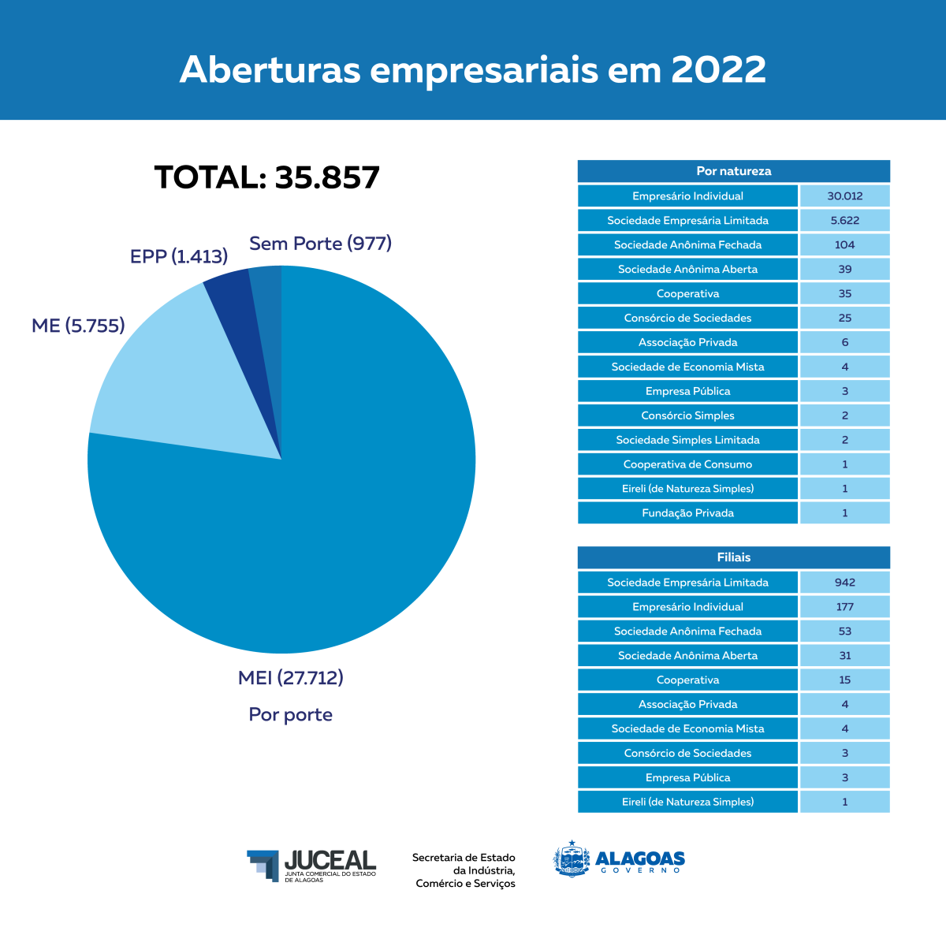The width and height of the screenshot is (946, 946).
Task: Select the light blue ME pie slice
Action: point(173,371)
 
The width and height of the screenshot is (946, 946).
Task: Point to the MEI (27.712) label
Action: point(291,678)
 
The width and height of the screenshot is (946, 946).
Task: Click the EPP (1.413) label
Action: point(179,256)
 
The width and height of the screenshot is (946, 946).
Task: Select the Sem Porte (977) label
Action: point(320,244)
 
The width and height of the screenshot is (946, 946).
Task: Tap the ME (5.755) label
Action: point(78,326)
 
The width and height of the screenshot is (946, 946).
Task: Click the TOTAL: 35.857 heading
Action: point(267,177)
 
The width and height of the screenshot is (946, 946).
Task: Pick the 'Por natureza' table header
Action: point(733,171)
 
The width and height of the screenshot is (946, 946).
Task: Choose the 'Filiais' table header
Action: point(733,557)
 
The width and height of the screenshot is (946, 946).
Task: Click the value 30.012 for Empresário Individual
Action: point(844,196)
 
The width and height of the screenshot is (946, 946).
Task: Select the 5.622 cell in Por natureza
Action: point(844,221)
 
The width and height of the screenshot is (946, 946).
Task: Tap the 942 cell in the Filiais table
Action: point(844,583)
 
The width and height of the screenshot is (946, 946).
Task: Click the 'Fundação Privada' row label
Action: point(687,513)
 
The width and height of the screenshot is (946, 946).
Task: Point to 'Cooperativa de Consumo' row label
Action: point(687,464)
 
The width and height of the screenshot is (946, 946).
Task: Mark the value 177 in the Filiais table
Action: point(844,607)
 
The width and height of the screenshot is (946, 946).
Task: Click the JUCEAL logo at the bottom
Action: point(312,865)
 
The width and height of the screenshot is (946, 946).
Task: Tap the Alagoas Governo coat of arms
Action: point(572,859)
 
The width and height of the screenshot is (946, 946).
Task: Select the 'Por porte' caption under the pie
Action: point(291,715)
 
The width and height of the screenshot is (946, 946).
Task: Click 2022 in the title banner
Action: point(718,69)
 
